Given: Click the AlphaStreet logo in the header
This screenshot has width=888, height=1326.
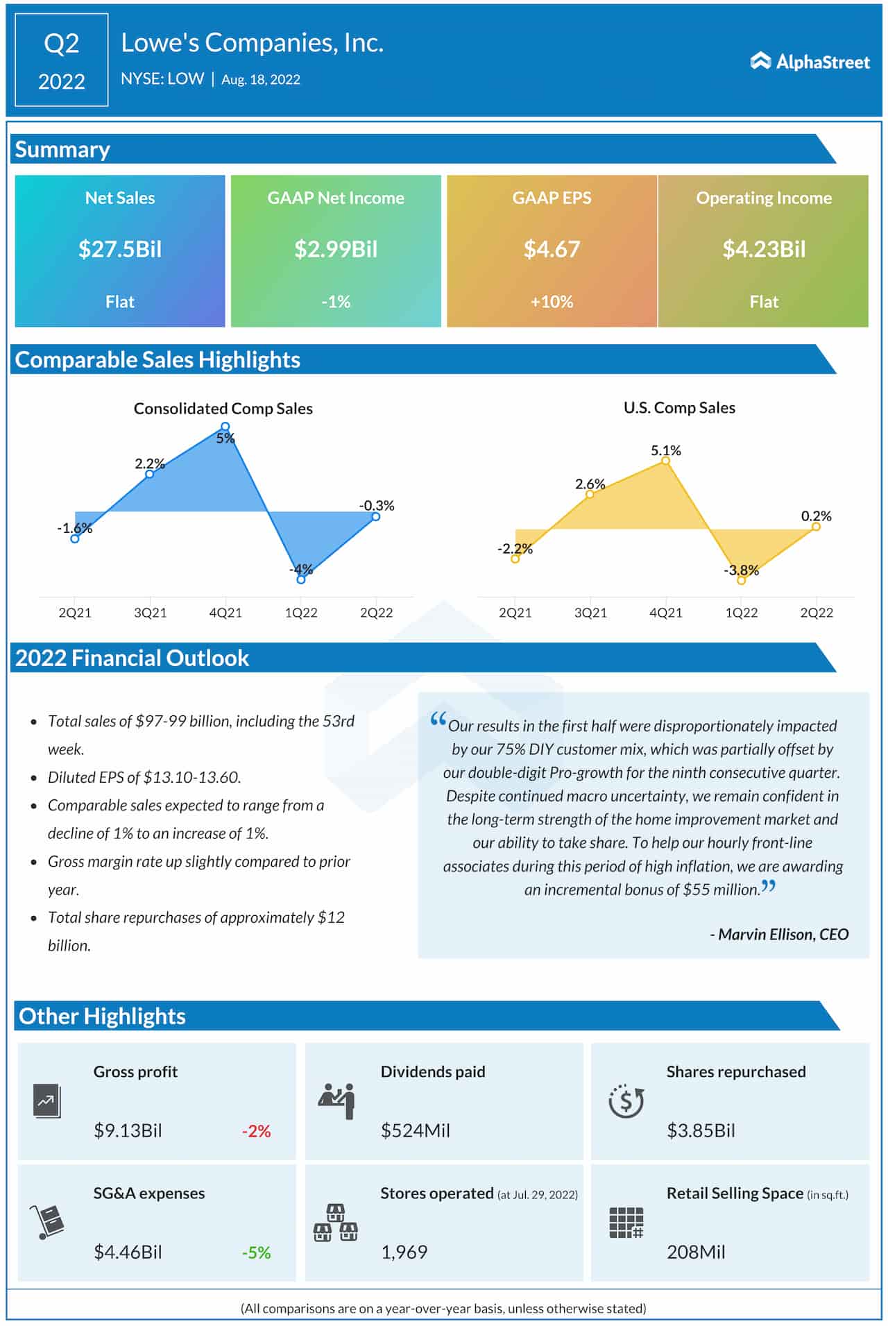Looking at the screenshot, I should tap(810, 62).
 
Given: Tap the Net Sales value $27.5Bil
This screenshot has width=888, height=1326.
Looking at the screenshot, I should tap(120, 249).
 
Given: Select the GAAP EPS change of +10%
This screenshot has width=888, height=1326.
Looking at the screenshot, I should tap(552, 302).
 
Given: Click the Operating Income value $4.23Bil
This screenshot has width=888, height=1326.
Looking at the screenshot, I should tap(764, 249).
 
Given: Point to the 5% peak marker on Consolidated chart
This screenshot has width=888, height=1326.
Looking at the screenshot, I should tap(225, 427).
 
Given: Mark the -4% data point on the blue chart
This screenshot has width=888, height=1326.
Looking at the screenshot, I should tap(300, 579).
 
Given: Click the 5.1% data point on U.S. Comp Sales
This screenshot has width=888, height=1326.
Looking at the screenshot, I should tap(665, 461).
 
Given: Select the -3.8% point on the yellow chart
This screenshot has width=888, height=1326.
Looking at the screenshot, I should tap(741, 580).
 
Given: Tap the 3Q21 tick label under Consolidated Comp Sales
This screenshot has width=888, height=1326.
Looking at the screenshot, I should tap(150, 613).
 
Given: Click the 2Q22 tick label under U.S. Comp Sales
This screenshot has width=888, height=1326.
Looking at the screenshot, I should tap(816, 613).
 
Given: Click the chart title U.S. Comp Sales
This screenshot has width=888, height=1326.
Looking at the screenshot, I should tap(679, 408).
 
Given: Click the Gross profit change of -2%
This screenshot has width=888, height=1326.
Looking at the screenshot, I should tap(256, 1131).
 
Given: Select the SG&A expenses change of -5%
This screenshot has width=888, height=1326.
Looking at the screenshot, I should tap(256, 1252).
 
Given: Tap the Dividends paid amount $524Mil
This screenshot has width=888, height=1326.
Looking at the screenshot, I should tap(415, 1131).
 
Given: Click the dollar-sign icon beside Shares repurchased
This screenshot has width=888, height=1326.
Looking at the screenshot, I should tap(626, 1101).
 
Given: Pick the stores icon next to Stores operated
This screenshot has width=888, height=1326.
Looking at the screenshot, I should tap(336, 1223).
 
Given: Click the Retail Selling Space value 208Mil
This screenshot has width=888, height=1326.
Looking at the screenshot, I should tap(696, 1252).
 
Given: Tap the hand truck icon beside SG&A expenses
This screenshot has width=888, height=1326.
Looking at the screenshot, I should tap(47, 1222).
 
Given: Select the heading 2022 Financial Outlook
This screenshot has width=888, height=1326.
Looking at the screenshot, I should tap(132, 658).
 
